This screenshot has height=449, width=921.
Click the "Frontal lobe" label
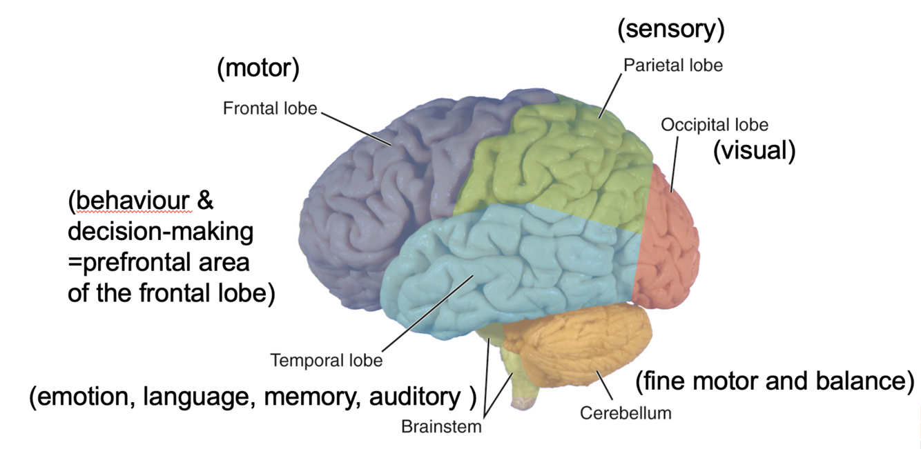(x=269, y=108)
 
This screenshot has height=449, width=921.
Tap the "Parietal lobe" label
(x=672, y=66)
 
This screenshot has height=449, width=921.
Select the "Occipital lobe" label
(x=714, y=125)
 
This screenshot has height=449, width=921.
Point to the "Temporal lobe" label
(x=326, y=360)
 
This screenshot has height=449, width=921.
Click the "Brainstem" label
(x=441, y=426)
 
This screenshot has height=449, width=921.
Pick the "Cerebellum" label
(x=626, y=413)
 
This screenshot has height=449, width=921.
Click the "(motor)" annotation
(x=258, y=69)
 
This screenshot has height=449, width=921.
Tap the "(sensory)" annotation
(x=670, y=30)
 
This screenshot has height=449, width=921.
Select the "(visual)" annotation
(x=754, y=150)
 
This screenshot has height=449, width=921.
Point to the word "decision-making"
(x=160, y=232)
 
